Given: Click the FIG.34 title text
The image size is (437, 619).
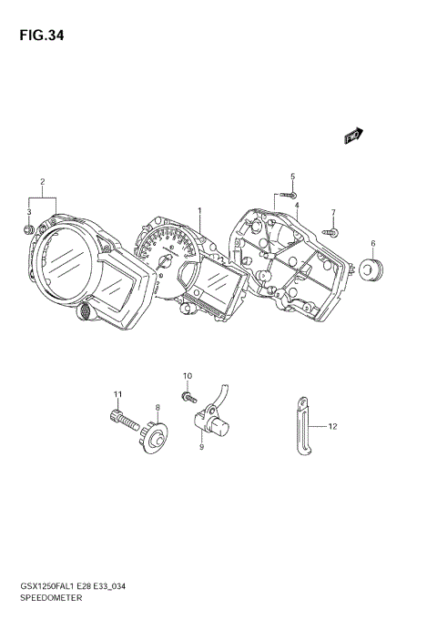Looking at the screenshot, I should (38, 36).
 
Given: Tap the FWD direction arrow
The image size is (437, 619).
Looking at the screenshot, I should (353, 135).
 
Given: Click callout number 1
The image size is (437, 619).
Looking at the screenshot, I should (198, 210).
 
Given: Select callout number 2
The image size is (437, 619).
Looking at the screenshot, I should (42, 182).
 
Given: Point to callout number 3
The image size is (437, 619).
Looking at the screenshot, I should (28, 213).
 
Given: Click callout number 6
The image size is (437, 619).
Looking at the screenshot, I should (372, 243).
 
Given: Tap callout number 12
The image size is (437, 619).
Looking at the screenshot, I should (332, 425).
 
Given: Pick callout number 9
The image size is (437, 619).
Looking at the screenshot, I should (201, 447).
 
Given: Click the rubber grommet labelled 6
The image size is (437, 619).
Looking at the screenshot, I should (371, 269).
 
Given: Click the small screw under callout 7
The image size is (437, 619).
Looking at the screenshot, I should (331, 232).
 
